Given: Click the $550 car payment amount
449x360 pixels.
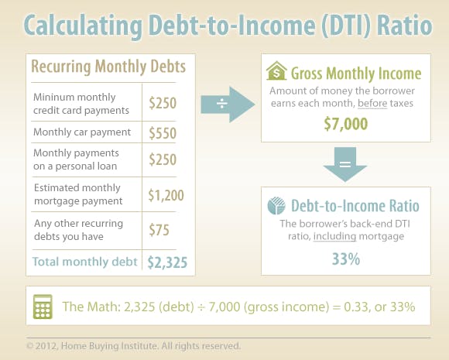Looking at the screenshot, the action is coord(163,133).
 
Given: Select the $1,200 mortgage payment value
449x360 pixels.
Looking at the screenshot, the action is coord(166,195).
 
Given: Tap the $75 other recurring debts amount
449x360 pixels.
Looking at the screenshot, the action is coord(159,230).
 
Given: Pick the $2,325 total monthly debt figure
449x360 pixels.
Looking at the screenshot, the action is coord(167,262).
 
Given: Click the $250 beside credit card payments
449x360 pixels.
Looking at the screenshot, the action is coord(163,103).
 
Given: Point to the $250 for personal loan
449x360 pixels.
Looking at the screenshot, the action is coord(163,159).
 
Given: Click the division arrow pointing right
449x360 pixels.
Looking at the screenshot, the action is coord(228,105).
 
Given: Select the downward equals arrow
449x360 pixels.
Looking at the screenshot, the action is coord(345,164).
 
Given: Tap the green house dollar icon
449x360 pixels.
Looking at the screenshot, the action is coord(276,70).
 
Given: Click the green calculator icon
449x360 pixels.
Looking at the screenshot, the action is coord(43,307).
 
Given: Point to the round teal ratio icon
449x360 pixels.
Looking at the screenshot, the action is coord(276,206).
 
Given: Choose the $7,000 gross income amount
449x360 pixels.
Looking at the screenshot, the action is coord(345,124).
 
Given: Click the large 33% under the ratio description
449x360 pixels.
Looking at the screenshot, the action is coord(345,259).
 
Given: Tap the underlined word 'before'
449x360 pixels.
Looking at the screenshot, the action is coord(372,103).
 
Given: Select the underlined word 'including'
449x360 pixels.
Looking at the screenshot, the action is coord(334,236).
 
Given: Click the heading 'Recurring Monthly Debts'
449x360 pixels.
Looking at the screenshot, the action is coord(108,67).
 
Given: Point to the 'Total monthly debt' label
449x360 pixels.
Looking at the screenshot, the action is coord(84,262).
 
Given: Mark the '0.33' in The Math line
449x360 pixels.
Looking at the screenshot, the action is coord(355,307).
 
